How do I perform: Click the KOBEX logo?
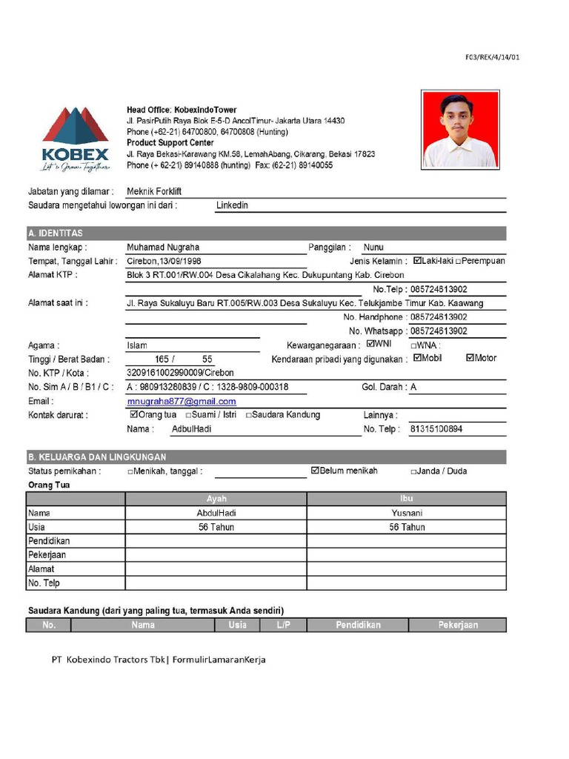(x=76, y=139)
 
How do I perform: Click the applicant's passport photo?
(x=459, y=130)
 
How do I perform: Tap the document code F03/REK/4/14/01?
(x=492, y=57)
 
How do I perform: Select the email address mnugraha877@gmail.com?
(x=182, y=401)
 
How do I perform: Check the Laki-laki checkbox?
(x=418, y=261)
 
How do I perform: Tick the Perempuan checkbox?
(x=459, y=261)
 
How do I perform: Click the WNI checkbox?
(x=370, y=345)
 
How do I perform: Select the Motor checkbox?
(x=470, y=358)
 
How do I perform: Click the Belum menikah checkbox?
(x=316, y=471)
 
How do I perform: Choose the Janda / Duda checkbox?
(x=413, y=471)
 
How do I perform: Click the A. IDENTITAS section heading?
(x=56, y=233)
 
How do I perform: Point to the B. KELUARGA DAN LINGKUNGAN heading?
(x=97, y=457)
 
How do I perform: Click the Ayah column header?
(x=216, y=499)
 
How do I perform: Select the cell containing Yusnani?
(x=407, y=513)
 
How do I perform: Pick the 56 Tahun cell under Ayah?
(x=216, y=527)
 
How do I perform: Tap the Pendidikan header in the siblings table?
(x=358, y=625)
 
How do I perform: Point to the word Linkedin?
(x=232, y=205)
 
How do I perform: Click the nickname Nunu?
(x=373, y=247)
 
